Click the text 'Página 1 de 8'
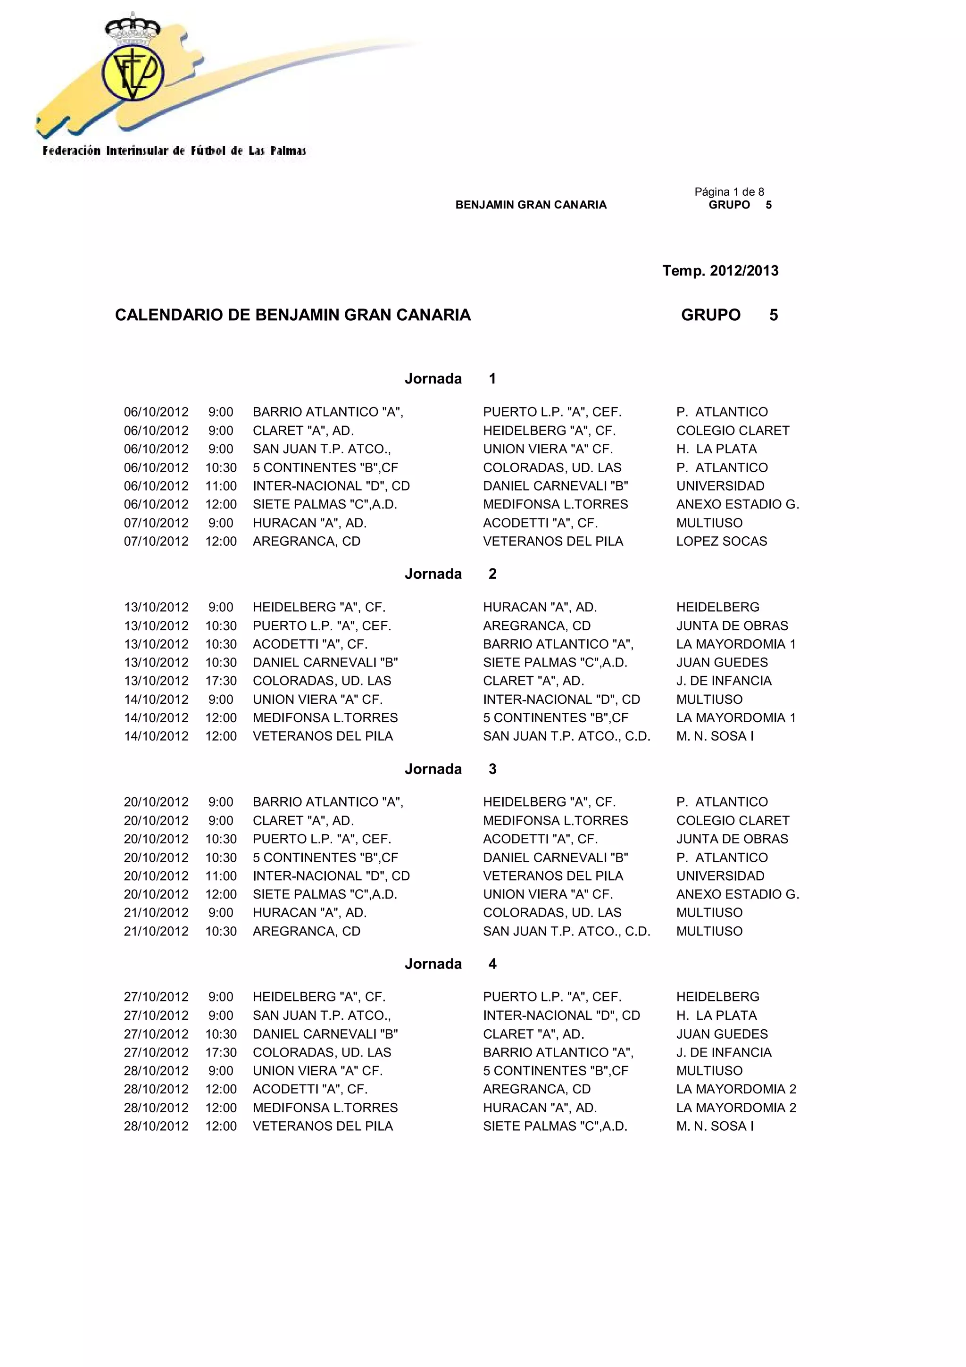(x=729, y=192)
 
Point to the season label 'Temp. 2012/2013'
(x=720, y=271)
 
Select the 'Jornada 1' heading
(x=450, y=379)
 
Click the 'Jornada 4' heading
(x=450, y=964)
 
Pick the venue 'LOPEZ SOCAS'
(x=721, y=541)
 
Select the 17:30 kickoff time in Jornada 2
(x=221, y=681)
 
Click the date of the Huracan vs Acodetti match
(x=156, y=523)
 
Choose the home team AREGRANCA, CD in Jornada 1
(x=306, y=541)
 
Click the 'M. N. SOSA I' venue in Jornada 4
(x=714, y=1126)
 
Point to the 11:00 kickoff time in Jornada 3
(x=221, y=876)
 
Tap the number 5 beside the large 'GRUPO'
(x=773, y=315)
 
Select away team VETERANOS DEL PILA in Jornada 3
(x=552, y=876)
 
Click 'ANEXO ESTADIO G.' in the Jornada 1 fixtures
(x=737, y=504)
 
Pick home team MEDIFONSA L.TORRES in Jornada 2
(x=325, y=717)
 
